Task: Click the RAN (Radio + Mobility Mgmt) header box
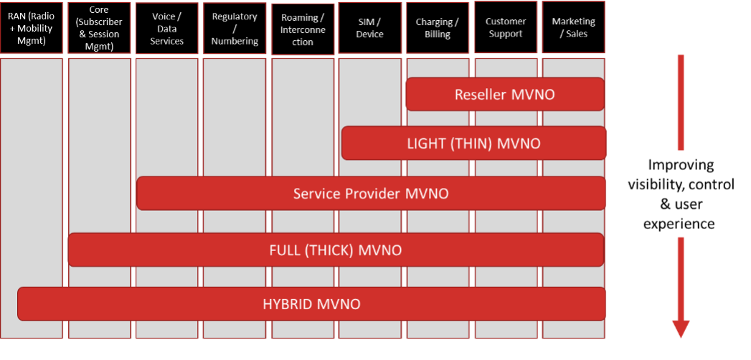[x=32, y=27]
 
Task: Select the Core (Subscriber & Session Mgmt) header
[x=99, y=27]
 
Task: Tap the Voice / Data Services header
[x=166, y=27]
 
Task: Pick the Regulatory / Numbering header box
[x=235, y=27]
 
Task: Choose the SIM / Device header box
[x=370, y=27]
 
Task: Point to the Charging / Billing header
[x=438, y=27]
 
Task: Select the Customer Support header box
[x=505, y=27]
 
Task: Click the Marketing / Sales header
[x=573, y=27]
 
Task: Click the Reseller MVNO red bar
[x=505, y=95]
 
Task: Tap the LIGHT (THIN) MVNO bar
[x=473, y=143]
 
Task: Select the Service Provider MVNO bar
[x=371, y=194]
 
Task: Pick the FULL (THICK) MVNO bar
[x=336, y=250]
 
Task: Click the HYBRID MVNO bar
[x=311, y=304]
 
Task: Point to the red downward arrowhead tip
[x=680, y=336]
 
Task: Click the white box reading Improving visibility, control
[x=680, y=194]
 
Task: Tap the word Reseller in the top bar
[x=481, y=95]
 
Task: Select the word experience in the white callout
[x=679, y=224]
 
